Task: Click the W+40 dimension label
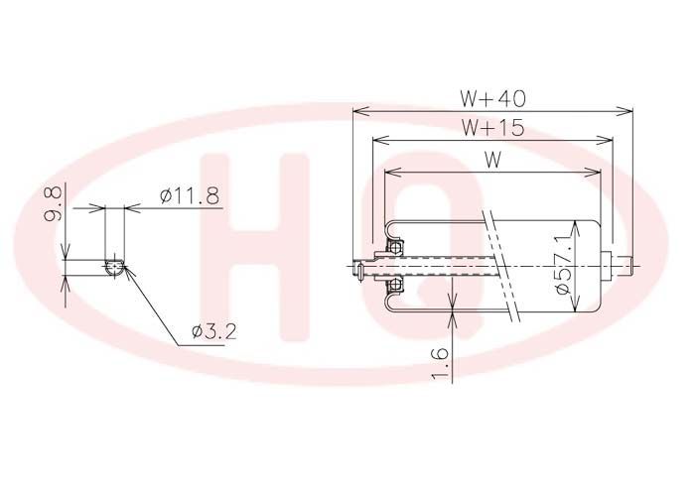tap(492, 98)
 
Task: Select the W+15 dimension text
tap(492, 128)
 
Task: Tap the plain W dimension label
tap(492, 160)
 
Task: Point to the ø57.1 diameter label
tap(563, 265)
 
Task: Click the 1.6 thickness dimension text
tap(440, 364)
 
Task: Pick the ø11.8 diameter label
tap(190, 195)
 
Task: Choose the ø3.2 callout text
tap(214, 331)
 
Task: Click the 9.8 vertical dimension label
tap(53, 204)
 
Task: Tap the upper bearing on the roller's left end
tap(395, 246)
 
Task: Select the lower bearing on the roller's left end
tap(395, 286)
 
